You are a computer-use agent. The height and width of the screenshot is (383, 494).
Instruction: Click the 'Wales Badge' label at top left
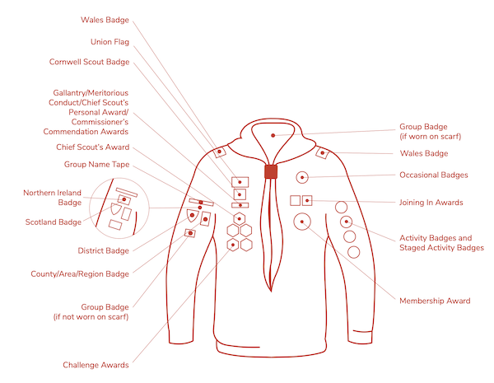pos(105,19)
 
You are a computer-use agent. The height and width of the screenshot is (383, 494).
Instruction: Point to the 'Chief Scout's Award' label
pos(93,147)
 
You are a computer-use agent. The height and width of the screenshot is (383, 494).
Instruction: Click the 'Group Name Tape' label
pos(97,164)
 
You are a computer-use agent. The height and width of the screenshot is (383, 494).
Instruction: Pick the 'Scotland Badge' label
pos(53,222)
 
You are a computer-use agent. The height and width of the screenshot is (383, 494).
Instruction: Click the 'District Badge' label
pos(104,250)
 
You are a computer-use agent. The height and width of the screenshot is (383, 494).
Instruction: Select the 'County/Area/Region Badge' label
pos(79,273)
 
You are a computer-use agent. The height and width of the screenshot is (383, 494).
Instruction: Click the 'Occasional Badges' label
pos(433,175)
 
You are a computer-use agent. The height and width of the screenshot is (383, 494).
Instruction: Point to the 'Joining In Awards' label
pos(431,202)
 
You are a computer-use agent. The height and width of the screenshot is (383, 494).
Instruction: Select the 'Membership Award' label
pos(435,301)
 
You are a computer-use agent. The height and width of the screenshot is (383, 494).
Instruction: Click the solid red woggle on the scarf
pos(268,171)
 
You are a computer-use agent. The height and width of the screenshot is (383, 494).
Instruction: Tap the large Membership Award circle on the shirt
pos(303,221)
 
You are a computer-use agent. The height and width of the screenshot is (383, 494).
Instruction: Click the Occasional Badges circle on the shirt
pos(303,176)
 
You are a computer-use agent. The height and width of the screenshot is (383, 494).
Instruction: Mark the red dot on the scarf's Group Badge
pos(273,134)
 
